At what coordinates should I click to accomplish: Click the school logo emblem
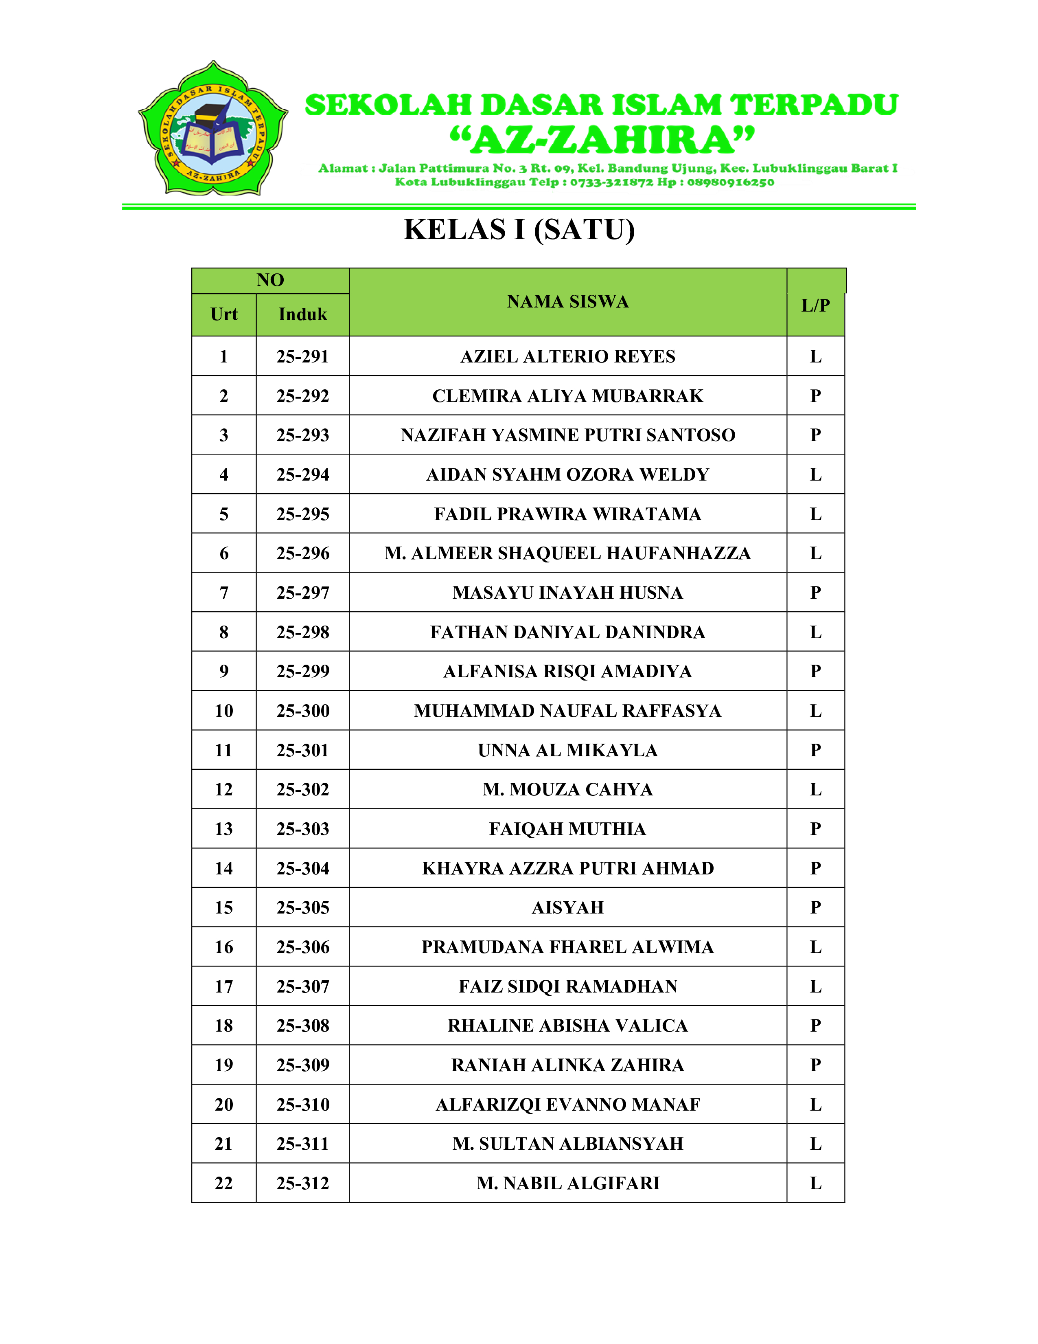tap(213, 129)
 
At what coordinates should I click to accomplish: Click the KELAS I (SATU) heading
tap(519, 230)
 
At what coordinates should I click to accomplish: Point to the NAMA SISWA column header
tap(567, 301)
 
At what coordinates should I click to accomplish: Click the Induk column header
tap(302, 314)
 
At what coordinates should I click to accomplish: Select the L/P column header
tap(815, 305)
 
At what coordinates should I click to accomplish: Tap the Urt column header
tap(224, 314)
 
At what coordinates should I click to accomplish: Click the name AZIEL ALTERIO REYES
tap(567, 356)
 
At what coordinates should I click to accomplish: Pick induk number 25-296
tap(302, 553)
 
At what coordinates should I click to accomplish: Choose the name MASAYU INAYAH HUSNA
tap(567, 593)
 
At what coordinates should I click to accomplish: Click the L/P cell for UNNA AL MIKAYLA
tap(815, 750)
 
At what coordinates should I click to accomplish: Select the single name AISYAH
tap(567, 908)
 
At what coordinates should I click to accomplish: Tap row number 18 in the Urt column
tap(224, 1026)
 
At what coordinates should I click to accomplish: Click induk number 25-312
tap(302, 1184)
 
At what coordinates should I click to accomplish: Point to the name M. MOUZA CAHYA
tap(567, 790)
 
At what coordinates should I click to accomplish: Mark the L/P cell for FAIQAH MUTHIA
tap(815, 829)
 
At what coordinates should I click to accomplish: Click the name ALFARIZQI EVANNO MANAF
tap(567, 1105)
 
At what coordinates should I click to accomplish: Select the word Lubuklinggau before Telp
tap(478, 182)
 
